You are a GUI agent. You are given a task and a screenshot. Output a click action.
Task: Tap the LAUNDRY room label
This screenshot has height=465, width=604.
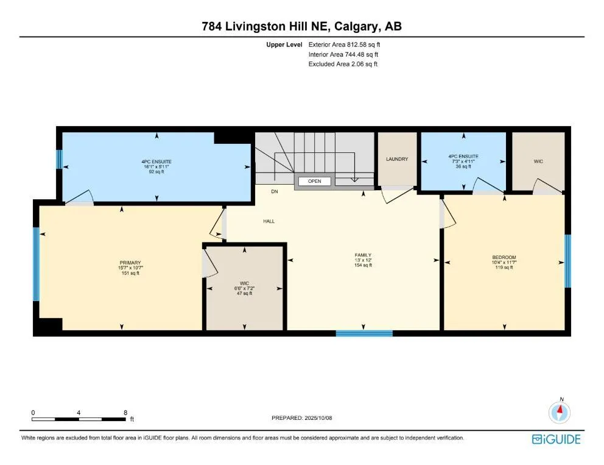[396, 159]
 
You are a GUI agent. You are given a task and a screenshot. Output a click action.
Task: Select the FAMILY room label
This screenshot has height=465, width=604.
[363, 255]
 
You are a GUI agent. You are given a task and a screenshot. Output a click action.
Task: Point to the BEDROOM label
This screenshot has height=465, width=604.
[504, 257]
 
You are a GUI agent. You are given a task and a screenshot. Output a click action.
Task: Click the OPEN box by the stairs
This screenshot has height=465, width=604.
[314, 181]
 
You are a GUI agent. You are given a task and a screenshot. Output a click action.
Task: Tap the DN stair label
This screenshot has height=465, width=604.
[275, 191]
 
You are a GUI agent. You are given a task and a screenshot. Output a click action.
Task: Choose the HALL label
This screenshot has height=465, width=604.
[269, 221]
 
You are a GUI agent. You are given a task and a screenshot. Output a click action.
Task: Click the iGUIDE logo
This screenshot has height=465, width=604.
[555, 439]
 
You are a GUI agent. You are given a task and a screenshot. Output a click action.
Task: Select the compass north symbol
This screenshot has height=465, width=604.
[559, 412]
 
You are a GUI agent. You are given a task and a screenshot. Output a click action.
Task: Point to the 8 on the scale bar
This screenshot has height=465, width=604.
[125, 413]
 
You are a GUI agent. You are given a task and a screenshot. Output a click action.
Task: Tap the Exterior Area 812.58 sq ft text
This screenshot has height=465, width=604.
[344, 44]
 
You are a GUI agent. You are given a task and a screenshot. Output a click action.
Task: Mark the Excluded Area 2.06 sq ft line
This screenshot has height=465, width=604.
[343, 64]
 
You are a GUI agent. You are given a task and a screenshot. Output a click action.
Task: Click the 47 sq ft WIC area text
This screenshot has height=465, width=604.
[244, 294]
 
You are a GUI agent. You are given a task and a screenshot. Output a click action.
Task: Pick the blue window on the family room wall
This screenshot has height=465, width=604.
[364, 333]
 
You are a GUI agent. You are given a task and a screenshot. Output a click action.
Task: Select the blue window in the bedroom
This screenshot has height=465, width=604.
[567, 261]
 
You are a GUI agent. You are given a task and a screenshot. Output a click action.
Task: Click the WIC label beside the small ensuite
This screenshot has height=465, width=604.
[538, 162]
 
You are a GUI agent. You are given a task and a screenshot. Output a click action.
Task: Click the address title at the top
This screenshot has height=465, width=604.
[301, 26]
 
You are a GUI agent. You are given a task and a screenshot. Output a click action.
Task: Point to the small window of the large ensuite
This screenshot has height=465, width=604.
[60, 160]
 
